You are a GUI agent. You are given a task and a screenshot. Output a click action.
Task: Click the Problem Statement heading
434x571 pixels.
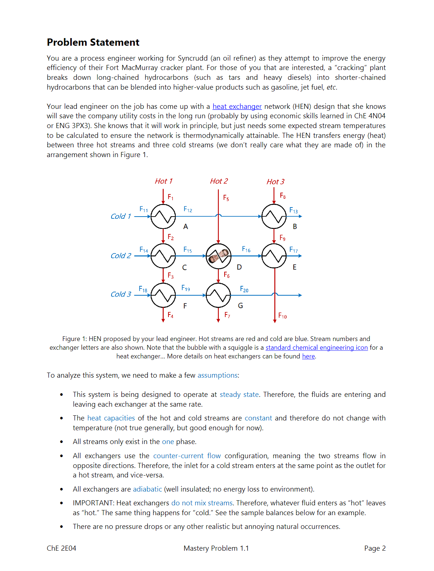(x=93, y=42)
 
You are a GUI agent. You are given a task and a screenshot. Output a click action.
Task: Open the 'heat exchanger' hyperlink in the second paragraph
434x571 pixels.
(x=237, y=106)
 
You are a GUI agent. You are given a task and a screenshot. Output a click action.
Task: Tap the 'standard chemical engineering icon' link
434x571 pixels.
(x=316, y=348)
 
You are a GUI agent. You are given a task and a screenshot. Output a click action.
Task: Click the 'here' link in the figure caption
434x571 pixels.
(x=308, y=356)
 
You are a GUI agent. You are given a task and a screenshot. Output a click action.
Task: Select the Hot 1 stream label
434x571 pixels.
(x=164, y=181)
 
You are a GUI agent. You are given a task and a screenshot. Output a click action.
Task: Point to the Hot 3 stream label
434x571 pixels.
(x=275, y=182)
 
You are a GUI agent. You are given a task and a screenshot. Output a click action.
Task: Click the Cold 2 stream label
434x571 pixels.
(x=121, y=256)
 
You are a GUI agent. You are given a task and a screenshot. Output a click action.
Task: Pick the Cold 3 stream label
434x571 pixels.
(x=121, y=294)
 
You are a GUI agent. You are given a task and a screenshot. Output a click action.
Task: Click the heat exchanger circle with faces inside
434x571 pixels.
(x=218, y=256)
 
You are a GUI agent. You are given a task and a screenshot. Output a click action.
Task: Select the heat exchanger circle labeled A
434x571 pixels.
(x=163, y=217)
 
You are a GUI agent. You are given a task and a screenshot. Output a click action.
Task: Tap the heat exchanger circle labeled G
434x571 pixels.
(x=218, y=295)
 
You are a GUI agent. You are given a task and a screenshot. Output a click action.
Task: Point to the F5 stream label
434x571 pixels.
(x=226, y=198)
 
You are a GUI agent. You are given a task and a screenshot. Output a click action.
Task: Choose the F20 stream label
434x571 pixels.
(x=244, y=289)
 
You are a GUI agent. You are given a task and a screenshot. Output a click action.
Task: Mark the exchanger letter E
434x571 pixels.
(x=295, y=267)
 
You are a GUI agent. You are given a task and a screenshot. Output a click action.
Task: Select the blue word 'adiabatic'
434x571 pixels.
(x=147, y=489)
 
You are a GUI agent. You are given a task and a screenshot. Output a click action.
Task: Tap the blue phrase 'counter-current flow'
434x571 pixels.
(x=187, y=456)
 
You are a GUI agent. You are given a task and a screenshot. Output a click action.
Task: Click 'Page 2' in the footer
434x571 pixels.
(x=375, y=548)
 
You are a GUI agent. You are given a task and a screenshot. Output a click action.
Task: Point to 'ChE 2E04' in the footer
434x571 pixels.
(x=62, y=548)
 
